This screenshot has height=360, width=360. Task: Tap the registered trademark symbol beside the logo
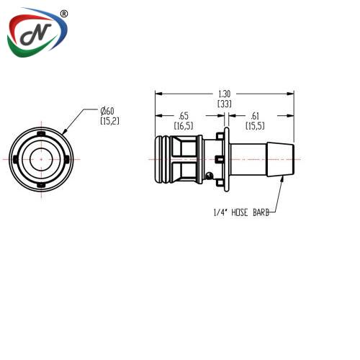pyautogui.click(x=63, y=14)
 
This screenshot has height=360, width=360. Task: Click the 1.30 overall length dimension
pyautogui.click(x=225, y=94)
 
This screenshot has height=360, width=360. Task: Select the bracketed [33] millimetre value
pyautogui.click(x=225, y=104)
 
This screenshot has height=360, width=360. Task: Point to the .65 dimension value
pyautogui.click(x=184, y=116)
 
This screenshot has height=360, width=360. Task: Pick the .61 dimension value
pyautogui.click(x=255, y=116)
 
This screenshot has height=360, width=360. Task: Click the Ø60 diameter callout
pyautogui.click(x=107, y=111)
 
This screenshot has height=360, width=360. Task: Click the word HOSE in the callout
pyautogui.click(x=239, y=212)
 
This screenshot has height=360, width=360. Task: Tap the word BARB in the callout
pyautogui.click(x=261, y=212)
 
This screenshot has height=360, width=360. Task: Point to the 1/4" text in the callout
pyautogui.click(x=220, y=212)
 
